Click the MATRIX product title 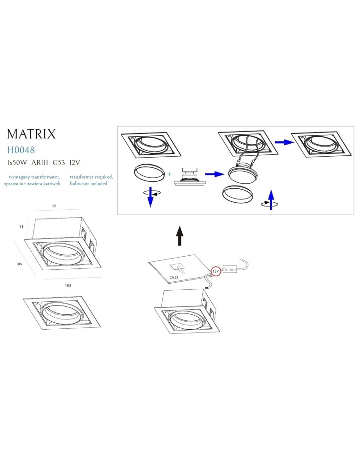pos(31,134)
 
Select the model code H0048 pos(21,150)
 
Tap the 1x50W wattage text pos(17,163)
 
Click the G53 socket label pos(59,163)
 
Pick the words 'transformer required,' pos(91,177)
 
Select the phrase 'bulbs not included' pos(88,183)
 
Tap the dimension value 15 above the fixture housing pos(54,206)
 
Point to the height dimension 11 pos(21,226)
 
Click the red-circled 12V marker pos(215,270)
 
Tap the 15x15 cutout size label pos(174,277)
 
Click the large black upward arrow pos(180,236)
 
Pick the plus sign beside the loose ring pos(169,174)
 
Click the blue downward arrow pos(150,199)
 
